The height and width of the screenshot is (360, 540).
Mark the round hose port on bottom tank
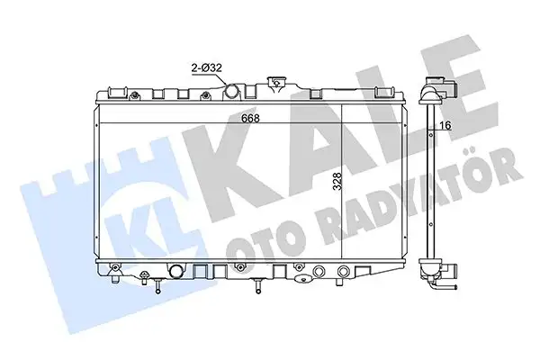pos(175,272)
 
